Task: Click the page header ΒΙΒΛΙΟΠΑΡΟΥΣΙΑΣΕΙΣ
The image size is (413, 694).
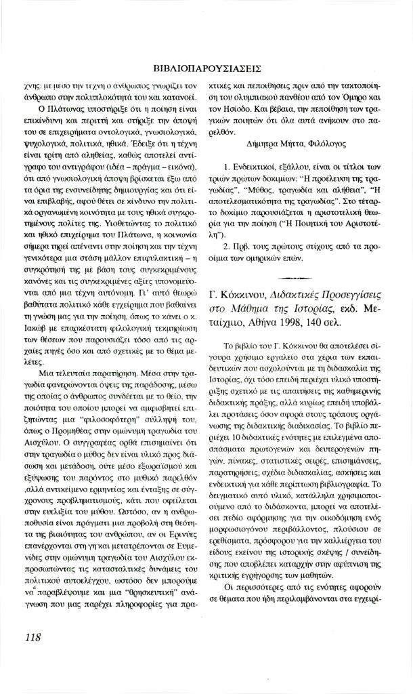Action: (x=207, y=69)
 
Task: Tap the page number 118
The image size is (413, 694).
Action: (x=33, y=636)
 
